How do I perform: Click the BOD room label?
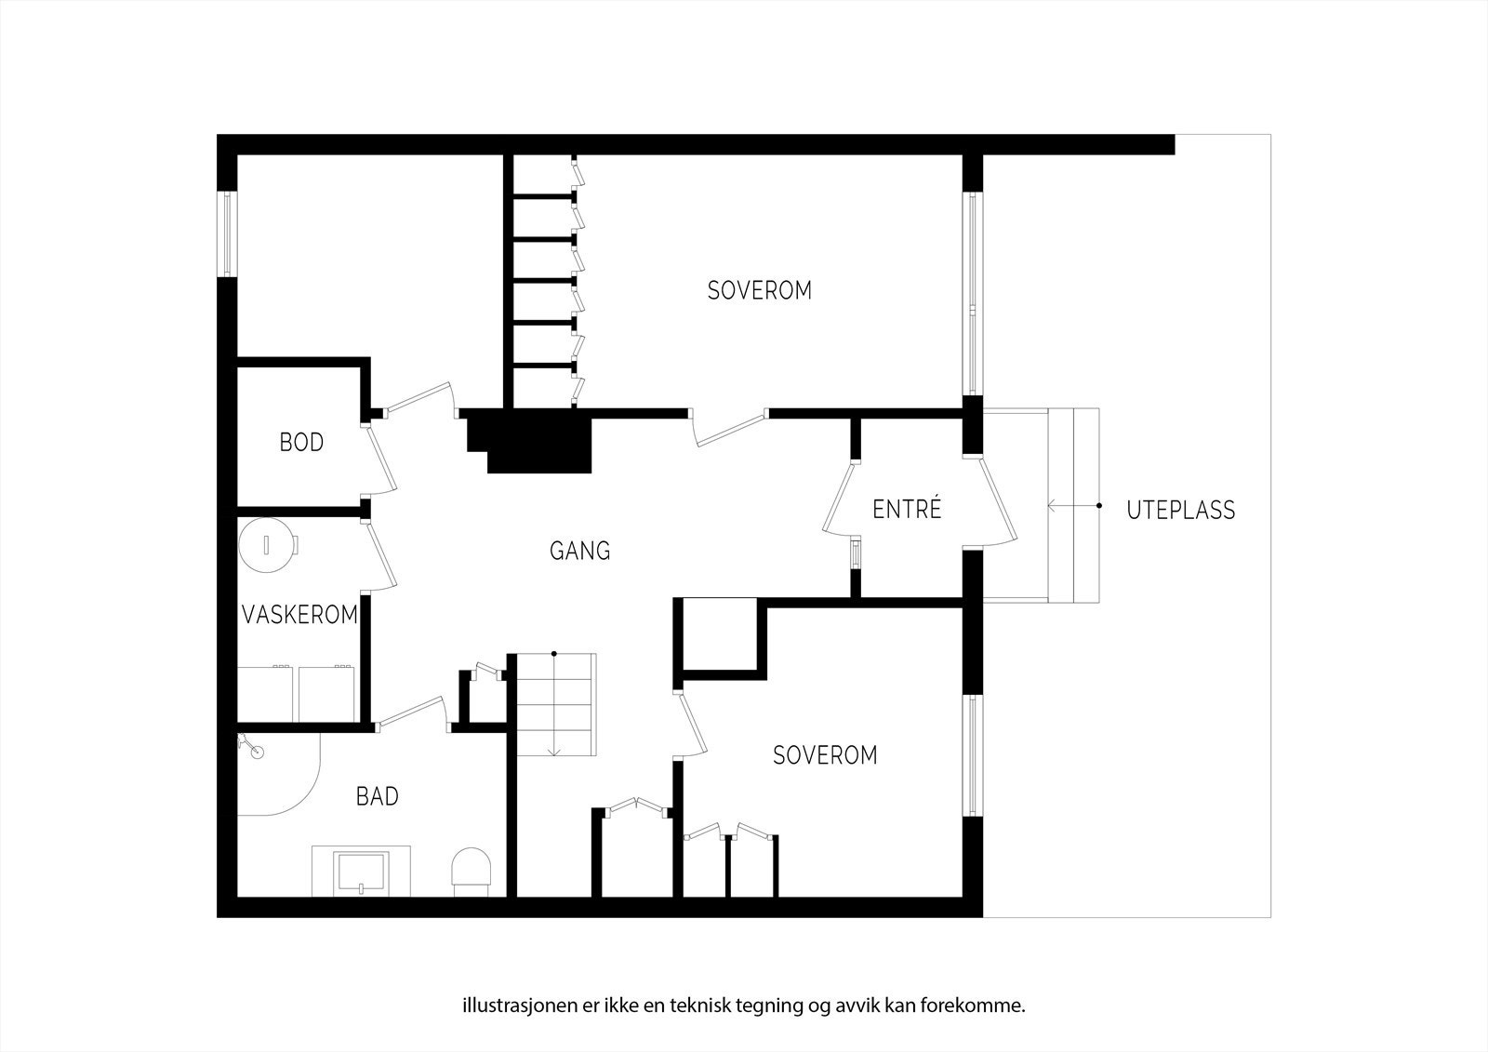click(x=301, y=442)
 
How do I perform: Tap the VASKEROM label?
click(x=299, y=615)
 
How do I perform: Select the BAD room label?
click(x=378, y=796)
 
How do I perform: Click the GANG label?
click(x=580, y=551)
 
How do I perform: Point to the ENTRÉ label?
click(x=907, y=510)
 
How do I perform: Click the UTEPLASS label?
click(x=1180, y=511)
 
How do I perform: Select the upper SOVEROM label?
click(x=759, y=290)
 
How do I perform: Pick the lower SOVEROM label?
click(x=825, y=755)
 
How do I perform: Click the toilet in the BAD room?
click(x=471, y=871)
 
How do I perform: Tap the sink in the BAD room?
click(x=362, y=872)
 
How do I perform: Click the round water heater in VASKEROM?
click(x=267, y=544)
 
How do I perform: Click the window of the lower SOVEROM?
click(x=972, y=755)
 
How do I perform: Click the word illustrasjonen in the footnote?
click(x=508, y=1005)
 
